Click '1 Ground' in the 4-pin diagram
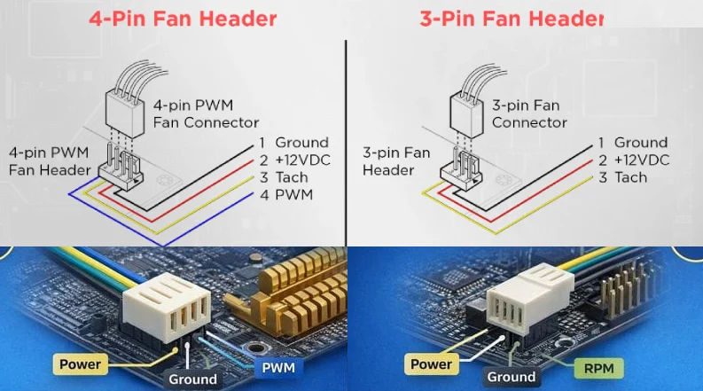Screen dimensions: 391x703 pyautogui.click(x=293, y=143)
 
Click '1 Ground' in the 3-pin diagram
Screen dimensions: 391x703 pyautogui.click(x=632, y=143)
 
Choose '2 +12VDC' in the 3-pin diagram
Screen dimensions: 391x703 pyautogui.click(x=632, y=160)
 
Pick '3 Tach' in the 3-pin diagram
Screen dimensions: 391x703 pyautogui.click(x=622, y=177)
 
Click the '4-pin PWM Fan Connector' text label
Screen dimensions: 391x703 pyautogui.click(x=206, y=113)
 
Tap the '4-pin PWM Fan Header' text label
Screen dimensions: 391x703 pyautogui.click(x=50, y=161)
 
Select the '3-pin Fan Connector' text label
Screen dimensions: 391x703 pyautogui.click(x=528, y=113)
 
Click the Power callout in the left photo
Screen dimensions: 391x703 pyautogui.click(x=81, y=364)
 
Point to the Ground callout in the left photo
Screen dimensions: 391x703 pyautogui.click(x=192, y=379)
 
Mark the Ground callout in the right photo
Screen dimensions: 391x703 pyautogui.click(x=512, y=377)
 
